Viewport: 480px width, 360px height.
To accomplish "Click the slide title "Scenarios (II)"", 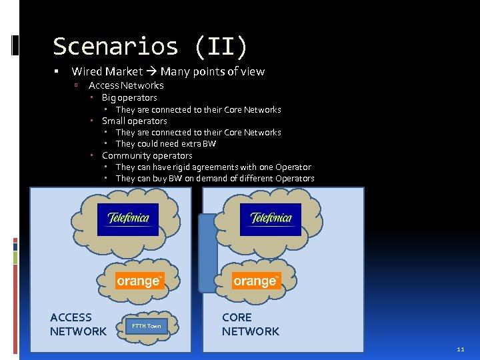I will tap(150, 47).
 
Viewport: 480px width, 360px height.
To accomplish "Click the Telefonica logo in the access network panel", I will tap(128, 219).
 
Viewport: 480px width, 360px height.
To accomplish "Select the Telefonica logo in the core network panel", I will tap(271, 219).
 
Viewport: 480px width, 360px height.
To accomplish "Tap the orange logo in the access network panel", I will tap(139, 281).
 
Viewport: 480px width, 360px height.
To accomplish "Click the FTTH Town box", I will tap(147, 326).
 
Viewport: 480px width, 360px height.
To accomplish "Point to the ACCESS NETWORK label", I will tap(78, 325).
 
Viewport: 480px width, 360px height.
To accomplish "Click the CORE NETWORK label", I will tap(250, 325).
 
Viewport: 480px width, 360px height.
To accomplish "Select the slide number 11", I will tap(461, 349).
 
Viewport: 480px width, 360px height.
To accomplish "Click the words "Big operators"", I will tap(129, 97).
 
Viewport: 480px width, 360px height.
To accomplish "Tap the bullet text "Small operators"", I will tap(134, 121).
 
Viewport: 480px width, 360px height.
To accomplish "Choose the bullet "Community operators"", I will tap(147, 155).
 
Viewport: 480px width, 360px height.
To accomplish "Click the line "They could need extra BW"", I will tap(165, 143).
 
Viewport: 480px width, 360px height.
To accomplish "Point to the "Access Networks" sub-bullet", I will tap(126, 85).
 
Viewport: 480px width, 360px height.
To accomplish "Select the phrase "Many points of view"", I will tap(212, 71).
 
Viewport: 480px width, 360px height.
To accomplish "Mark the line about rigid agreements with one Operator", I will tap(213, 167).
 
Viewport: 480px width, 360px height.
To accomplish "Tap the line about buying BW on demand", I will tap(215, 178).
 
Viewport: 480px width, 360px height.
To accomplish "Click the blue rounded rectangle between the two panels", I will tap(209, 253).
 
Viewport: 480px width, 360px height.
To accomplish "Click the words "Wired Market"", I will tap(107, 71).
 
